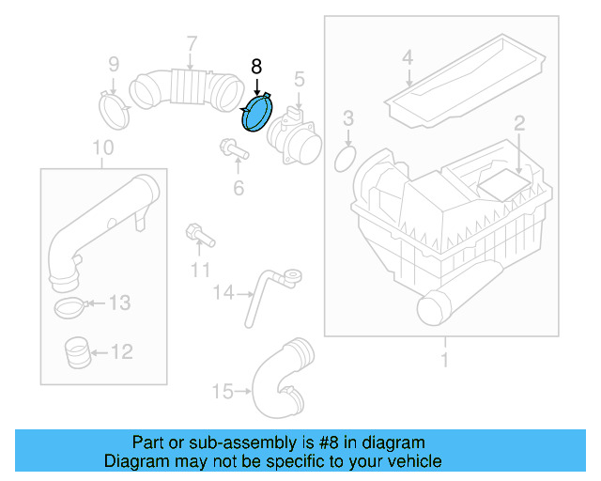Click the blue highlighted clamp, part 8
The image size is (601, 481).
click(255, 114)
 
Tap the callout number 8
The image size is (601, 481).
click(256, 67)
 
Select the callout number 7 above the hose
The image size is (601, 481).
click(191, 43)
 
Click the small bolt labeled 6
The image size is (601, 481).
click(229, 148)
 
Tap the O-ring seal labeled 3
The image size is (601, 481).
click(347, 158)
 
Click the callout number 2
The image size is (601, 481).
click(517, 122)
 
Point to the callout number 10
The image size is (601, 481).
click(102, 147)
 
